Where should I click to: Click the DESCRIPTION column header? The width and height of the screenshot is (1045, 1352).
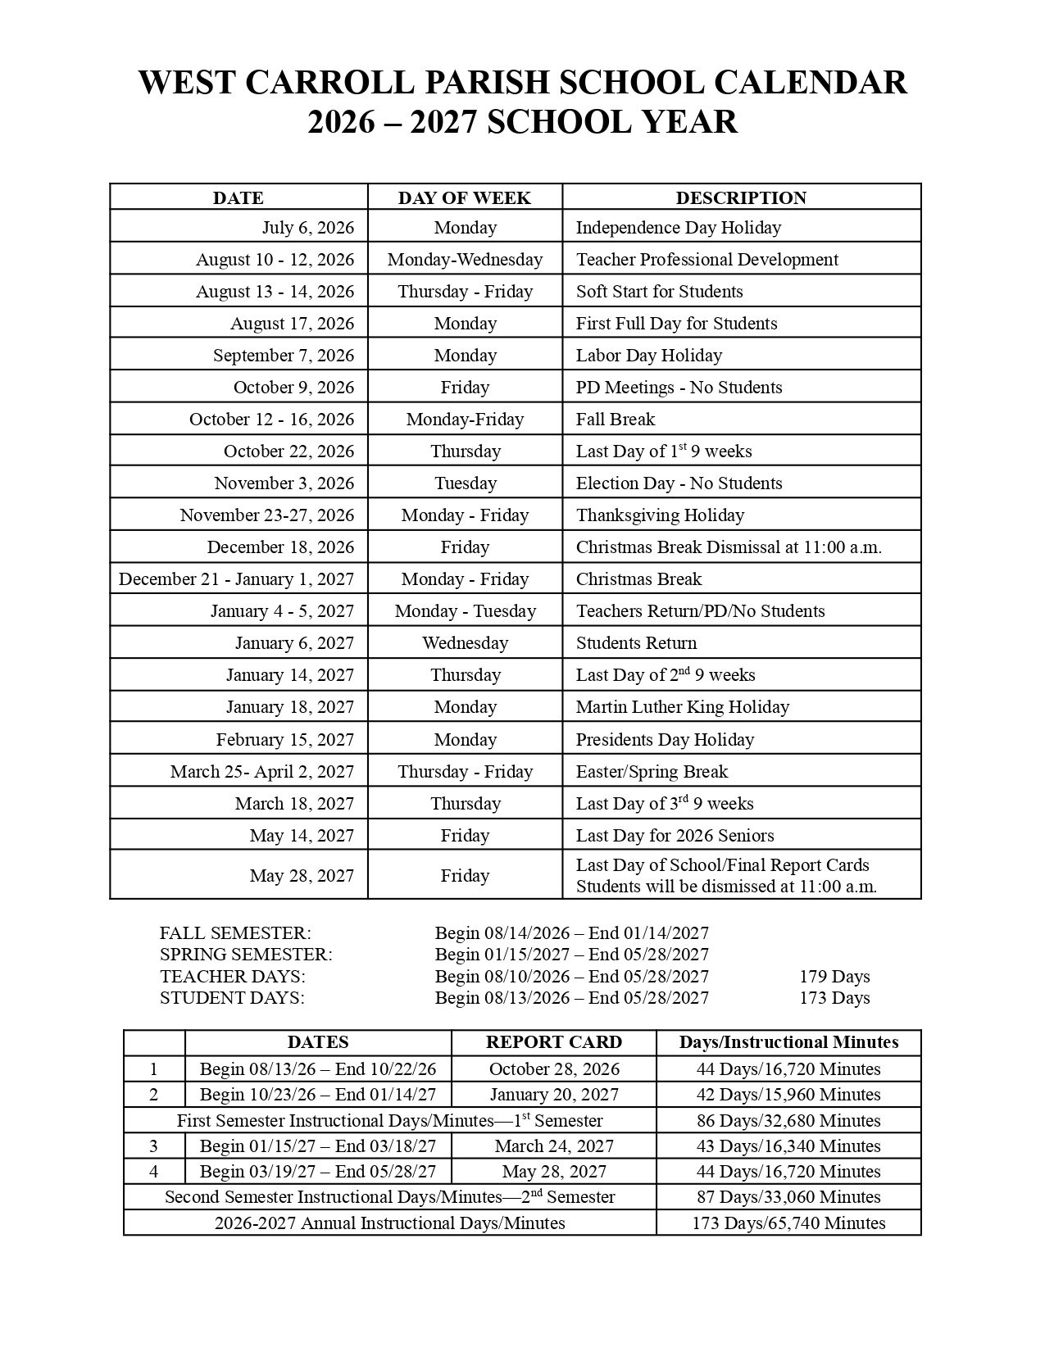point(741,197)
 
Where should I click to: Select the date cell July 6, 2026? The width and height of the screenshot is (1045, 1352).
point(308,227)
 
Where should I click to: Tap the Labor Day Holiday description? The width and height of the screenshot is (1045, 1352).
point(648,355)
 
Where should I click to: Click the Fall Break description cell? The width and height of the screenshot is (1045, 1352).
point(615,419)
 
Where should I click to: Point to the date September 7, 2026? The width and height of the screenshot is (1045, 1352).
point(284,355)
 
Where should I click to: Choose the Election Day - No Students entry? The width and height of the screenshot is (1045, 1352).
point(679,483)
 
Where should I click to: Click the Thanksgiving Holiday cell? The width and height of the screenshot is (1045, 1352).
point(660,515)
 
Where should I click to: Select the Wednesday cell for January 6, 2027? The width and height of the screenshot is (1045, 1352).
point(465,642)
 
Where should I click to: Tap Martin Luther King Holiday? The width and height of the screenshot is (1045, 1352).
point(682,706)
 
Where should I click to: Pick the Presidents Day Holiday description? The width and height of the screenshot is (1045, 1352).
point(665,739)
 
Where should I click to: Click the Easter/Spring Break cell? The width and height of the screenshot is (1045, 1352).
point(652,771)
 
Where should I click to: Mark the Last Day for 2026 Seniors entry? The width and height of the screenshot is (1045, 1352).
point(675,835)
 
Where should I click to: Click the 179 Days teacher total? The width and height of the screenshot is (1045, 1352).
point(834,976)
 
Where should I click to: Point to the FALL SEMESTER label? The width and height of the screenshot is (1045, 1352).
point(235,932)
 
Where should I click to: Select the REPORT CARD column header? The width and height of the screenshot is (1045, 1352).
point(553,1042)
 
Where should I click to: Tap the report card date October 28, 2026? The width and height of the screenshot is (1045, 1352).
point(554,1068)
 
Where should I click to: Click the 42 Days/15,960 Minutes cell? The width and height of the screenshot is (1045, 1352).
point(788,1094)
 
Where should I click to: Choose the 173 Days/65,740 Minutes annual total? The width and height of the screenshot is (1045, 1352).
point(788,1223)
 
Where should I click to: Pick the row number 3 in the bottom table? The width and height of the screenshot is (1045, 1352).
point(154,1146)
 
